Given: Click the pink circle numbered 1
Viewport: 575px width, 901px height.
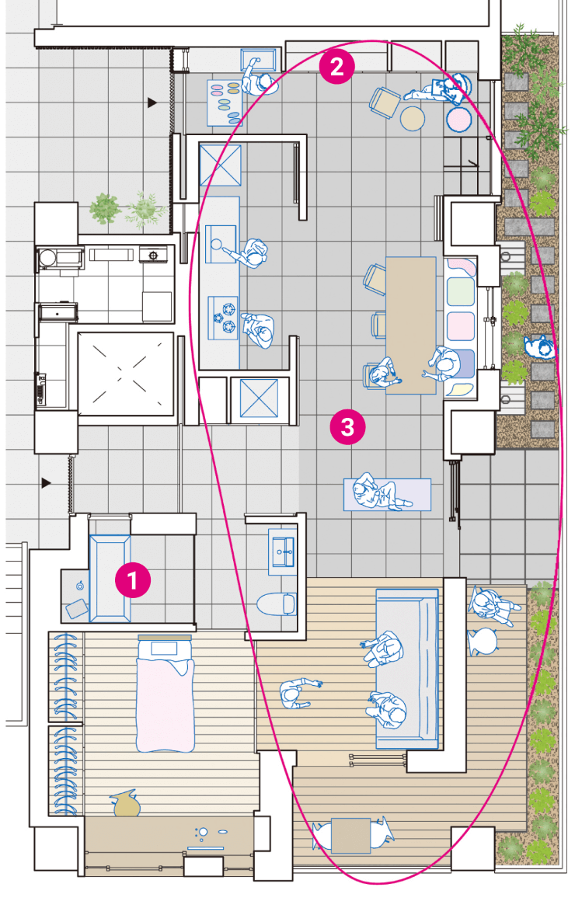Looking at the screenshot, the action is tap(133, 579).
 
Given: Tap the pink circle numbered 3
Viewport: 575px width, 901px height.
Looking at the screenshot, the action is tap(347, 426).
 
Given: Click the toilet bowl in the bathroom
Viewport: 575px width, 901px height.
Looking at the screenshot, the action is tap(276, 604).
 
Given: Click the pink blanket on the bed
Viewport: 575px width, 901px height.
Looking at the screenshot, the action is tap(165, 704).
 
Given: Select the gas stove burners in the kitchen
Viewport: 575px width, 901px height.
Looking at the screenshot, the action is tap(224, 317).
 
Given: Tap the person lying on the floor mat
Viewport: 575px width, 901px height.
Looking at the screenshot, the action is tap(380, 493).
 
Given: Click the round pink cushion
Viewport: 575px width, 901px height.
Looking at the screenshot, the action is tap(459, 120).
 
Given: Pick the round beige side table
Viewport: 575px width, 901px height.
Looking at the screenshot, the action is tap(413, 118).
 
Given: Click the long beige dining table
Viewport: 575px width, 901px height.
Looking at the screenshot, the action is tap(410, 325).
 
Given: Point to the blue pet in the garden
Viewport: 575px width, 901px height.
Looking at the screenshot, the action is tap(539, 347).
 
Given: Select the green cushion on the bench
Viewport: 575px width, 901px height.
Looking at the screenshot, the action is tap(461, 291).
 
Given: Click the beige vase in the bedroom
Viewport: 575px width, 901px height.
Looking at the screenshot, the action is tap(126, 804).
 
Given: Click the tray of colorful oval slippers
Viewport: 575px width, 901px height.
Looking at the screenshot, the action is tap(225, 103).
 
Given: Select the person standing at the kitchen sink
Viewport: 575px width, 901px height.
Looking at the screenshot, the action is tap(251, 253).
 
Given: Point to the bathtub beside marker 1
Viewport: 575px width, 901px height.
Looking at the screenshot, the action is tap(110, 579).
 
